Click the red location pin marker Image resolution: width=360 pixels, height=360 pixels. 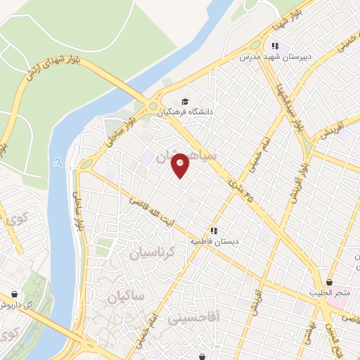(181, 165)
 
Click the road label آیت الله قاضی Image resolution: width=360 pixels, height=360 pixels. (149, 209)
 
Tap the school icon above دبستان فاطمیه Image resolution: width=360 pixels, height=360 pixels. (214, 230)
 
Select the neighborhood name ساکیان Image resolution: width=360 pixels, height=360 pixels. (127, 297)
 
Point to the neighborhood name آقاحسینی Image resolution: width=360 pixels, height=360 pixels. (193, 319)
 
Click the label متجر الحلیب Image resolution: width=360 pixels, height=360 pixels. (328, 292)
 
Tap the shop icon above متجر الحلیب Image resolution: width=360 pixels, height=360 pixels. (328, 283)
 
